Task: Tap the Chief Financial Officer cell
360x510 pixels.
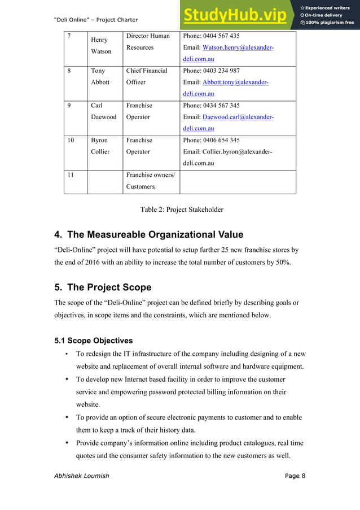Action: (x=147, y=76)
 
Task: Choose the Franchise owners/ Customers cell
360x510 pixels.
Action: (x=150, y=181)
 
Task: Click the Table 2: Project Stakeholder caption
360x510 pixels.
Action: (x=182, y=210)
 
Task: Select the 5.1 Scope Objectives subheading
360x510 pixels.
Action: (x=93, y=341)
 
